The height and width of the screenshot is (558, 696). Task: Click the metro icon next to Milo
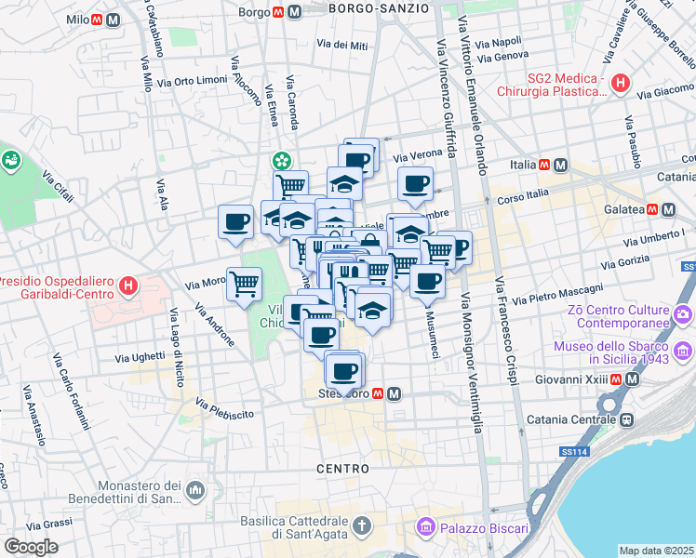click(113, 20)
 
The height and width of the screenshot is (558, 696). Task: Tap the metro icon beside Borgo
click(294, 13)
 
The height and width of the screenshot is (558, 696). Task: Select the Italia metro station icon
click(560, 165)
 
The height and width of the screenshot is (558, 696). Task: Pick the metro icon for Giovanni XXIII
click(633, 379)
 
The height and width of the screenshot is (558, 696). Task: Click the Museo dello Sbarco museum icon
click(685, 352)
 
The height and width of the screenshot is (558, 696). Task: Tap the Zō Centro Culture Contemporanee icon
click(685, 313)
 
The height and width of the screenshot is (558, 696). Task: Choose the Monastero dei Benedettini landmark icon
click(194, 489)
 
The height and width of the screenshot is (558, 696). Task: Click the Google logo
click(31, 547)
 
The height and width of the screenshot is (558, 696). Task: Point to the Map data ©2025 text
click(656, 551)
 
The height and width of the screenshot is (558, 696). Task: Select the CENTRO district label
click(343, 468)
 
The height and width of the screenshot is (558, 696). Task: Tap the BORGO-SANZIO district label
click(380, 7)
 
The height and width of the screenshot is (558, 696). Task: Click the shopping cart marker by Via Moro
click(244, 283)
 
